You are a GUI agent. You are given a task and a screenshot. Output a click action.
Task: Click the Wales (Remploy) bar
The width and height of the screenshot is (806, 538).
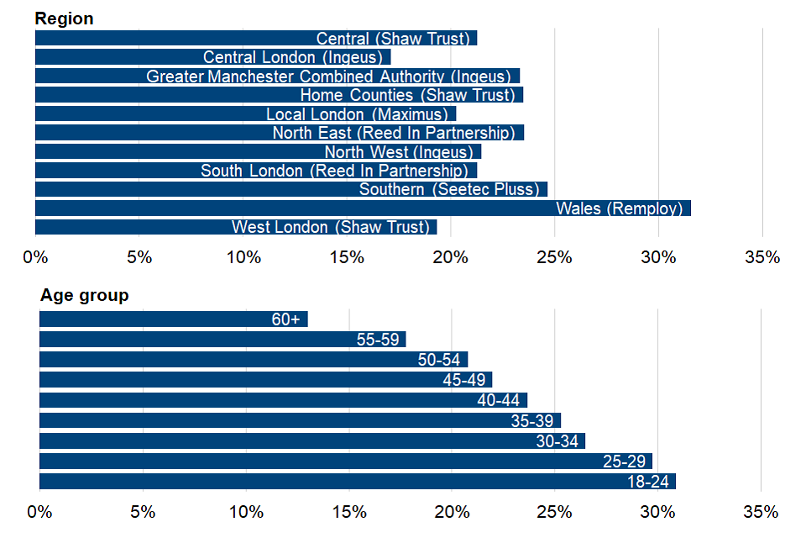363,208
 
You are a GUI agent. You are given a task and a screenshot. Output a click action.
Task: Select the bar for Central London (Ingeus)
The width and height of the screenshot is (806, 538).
212,57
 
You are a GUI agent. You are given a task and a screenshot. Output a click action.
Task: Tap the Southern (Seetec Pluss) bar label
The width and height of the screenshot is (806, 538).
449,189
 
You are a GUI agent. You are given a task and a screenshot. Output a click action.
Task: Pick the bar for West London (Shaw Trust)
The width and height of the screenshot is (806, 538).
235,227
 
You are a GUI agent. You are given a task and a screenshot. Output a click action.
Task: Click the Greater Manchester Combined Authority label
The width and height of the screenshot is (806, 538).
328,76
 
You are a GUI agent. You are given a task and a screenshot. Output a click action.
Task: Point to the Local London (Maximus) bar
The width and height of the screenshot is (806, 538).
245,114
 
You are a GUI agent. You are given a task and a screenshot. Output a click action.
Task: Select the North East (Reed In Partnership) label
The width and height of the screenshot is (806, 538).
394,133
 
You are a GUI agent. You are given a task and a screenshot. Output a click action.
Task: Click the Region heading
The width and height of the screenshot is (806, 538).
65,18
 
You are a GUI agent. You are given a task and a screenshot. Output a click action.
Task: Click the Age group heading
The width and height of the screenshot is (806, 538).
84,295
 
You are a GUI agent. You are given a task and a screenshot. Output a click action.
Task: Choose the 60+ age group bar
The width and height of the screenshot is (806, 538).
173,319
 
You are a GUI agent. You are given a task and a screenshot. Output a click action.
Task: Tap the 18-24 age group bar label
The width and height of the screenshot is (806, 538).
648,483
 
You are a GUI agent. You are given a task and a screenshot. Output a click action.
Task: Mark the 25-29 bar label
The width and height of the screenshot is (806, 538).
624,462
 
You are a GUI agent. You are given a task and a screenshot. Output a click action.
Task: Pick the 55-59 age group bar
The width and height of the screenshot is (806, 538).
222,340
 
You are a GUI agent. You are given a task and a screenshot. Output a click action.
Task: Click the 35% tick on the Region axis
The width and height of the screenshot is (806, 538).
762,257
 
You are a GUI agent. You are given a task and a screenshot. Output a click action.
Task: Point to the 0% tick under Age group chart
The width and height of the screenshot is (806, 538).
39,512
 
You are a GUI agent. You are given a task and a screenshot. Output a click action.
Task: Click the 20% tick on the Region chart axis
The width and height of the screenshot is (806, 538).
451,257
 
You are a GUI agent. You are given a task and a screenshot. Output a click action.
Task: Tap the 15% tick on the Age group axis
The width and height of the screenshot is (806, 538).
348,512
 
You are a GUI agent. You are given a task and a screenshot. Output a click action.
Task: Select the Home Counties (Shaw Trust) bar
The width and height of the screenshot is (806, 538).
279,95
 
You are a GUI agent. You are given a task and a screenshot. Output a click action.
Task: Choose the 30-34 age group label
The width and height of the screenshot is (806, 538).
557,441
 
